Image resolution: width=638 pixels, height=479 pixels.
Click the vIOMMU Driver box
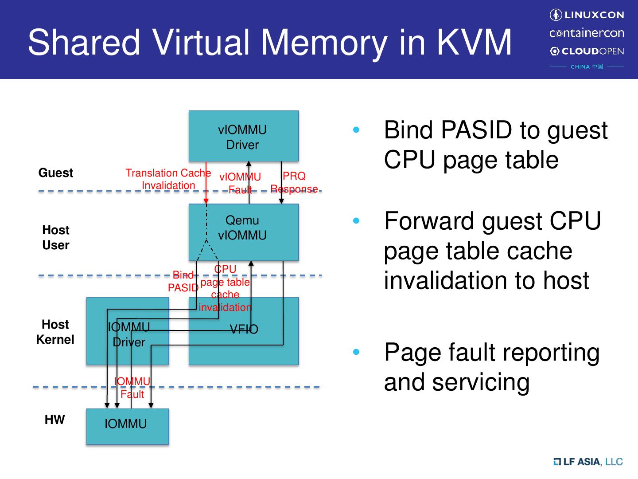[x=243, y=136]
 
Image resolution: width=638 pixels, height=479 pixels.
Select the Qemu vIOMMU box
[x=243, y=232]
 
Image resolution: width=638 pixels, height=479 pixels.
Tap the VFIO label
[x=244, y=329]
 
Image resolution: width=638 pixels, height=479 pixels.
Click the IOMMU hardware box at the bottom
[x=127, y=426]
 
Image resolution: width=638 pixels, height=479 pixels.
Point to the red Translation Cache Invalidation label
[x=168, y=179]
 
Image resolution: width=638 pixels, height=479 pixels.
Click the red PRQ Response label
[x=294, y=182]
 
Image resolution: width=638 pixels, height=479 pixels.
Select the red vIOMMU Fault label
[x=240, y=183]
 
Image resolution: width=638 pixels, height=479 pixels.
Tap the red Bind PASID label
[x=183, y=281]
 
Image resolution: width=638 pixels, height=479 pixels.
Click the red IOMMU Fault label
[x=132, y=388]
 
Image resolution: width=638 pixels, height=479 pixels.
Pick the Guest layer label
[x=55, y=173]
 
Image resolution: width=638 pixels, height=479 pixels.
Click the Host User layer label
[x=55, y=237]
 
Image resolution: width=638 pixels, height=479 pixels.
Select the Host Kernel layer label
[x=55, y=332]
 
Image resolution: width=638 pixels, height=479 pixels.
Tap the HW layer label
[x=54, y=420]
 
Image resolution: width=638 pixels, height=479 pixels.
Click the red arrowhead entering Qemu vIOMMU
[x=206, y=201]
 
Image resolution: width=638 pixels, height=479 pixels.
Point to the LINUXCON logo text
[x=587, y=15]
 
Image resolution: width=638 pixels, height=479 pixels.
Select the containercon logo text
[x=587, y=33]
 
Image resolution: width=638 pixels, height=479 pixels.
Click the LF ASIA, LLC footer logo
[x=588, y=462]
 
